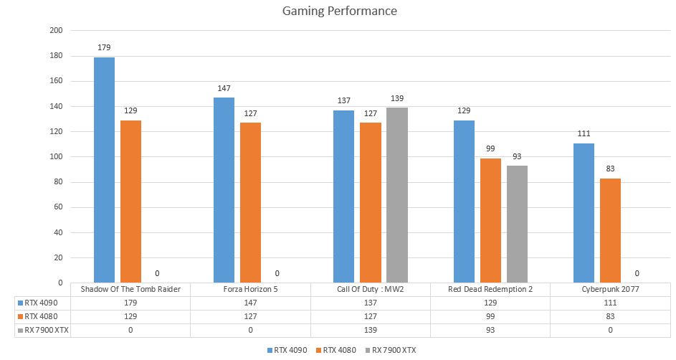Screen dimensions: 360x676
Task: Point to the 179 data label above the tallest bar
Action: pyautogui.click(x=104, y=48)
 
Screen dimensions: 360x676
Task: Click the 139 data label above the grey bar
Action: pyautogui.click(x=396, y=98)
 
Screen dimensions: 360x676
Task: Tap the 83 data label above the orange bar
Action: pyautogui.click(x=610, y=169)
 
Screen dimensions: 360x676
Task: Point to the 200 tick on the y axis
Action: pyautogui.click(x=56, y=31)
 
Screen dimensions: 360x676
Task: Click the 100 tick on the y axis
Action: pyautogui.click(x=56, y=157)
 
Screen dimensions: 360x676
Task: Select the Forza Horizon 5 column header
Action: pyautogui.click(x=250, y=289)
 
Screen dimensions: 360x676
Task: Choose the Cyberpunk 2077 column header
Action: pyautogui.click(x=610, y=289)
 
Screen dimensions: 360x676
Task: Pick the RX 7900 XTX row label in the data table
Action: pyautogui.click(x=44, y=330)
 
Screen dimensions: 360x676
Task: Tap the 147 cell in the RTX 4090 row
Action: pyautogui.click(x=250, y=303)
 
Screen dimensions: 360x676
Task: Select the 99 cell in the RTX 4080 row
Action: pyautogui.click(x=490, y=316)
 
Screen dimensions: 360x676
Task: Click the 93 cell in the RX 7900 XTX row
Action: pyautogui.click(x=490, y=330)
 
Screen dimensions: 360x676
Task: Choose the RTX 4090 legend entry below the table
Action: pyautogui.click(x=290, y=350)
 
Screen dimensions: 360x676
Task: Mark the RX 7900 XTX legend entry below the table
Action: pyautogui.click(x=393, y=350)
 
